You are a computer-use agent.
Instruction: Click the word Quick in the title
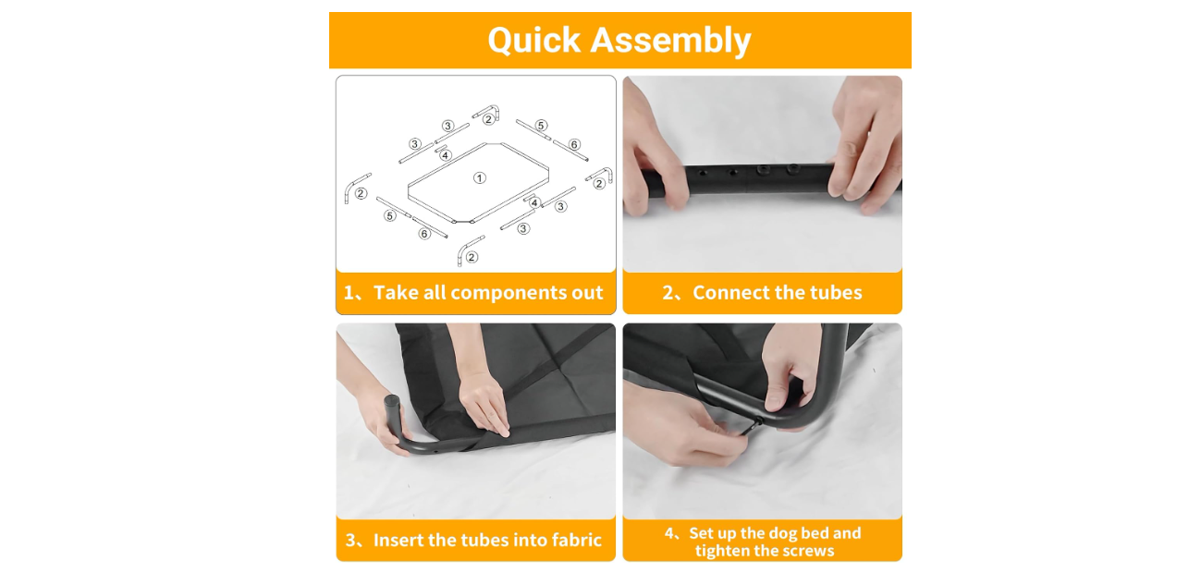[x=534, y=41]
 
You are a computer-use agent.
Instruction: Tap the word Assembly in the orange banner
[x=671, y=41]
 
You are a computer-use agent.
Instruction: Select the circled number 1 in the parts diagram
[x=479, y=178]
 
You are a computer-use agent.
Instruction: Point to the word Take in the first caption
[x=397, y=292]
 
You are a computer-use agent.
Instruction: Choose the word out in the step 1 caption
[x=587, y=293]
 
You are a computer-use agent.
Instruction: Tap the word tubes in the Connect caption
[x=836, y=292]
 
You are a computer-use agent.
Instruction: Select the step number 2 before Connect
[x=668, y=293]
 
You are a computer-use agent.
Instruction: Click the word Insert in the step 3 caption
[x=398, y=540]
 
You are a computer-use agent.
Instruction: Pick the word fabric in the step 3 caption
[x=576, y=540]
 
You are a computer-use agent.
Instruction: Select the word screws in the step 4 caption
[x=808, y=552]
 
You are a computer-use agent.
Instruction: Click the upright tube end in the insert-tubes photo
[x=392, y=408]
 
